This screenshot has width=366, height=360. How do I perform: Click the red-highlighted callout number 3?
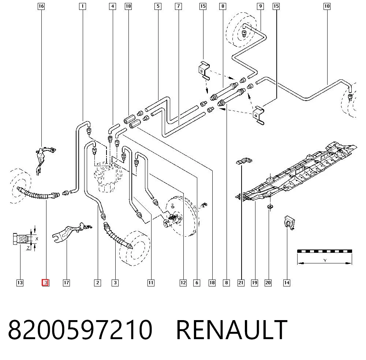(45, 282)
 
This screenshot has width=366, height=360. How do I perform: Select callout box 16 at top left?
(41, 6)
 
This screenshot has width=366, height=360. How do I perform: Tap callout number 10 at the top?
(327, 6)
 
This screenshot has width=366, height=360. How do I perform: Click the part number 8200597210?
(80, 330)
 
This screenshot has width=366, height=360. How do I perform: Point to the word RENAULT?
(232, 330)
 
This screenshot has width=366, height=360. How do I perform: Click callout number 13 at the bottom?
(20, 283)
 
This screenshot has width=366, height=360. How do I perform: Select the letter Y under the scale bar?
(325, 260)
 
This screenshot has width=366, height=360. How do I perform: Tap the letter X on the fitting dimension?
(37, 239)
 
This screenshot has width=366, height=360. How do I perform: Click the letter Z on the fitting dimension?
(28, 248)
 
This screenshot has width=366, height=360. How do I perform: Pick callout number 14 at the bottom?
(287, 283)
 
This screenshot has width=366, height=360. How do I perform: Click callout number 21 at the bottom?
(241, 283)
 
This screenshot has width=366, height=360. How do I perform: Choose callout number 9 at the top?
(260, 6)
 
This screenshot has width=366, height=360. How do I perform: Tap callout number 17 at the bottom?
(67, 283)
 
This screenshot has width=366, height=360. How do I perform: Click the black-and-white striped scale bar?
(324, 251)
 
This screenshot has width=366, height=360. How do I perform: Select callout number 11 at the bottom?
(151, 283)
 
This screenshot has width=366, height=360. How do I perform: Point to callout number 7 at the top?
(178, 6)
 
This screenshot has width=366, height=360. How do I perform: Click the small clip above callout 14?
(289, 222)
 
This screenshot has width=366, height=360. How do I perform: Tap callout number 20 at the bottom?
(268, 283)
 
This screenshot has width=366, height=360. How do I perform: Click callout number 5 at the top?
(158, 6)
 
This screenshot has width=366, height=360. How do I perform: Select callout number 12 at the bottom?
(183, 283)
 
